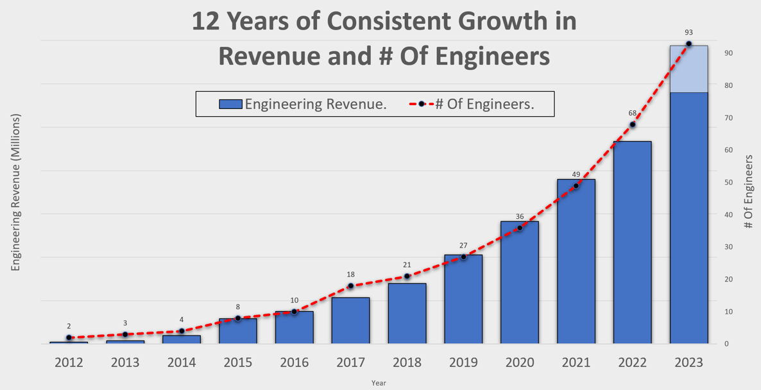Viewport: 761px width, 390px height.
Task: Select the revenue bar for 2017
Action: click(350, 321)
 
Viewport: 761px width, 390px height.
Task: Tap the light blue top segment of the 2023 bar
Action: click(688, 69)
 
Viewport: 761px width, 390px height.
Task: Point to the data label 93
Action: click(688, 32)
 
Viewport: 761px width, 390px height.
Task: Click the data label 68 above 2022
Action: click(632, 113)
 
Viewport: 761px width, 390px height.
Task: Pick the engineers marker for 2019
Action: click(463, 257)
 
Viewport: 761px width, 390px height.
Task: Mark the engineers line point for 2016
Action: click(295, 312)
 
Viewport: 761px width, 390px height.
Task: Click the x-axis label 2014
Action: click(182, 362)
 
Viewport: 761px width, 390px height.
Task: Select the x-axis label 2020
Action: click(519, 362)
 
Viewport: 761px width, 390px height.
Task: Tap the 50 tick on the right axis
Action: click(728, 182)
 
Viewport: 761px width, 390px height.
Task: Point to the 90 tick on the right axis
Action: click(728, 53)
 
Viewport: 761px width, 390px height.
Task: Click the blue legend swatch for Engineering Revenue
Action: click(230, 104)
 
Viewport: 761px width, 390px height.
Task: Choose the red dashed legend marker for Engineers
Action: click(421, 104)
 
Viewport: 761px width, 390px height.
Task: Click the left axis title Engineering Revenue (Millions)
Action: click(16, 192)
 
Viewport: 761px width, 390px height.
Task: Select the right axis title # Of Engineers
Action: click(748, 191)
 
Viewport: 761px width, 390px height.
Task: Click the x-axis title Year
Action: click(379, 383)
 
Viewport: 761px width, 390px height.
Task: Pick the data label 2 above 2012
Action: click(69, 326)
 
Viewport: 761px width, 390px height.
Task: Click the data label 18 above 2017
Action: click(350, 274)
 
